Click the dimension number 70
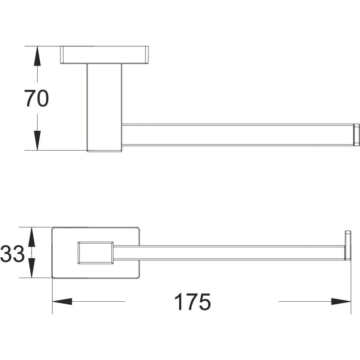click(37, 98)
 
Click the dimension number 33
click(12, 254)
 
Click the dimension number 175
click(193, 301)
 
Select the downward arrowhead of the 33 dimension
click(32, 268)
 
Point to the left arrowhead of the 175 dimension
click(62, 301)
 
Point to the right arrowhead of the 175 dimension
click(341, 301)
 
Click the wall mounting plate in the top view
click(104, 55)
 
